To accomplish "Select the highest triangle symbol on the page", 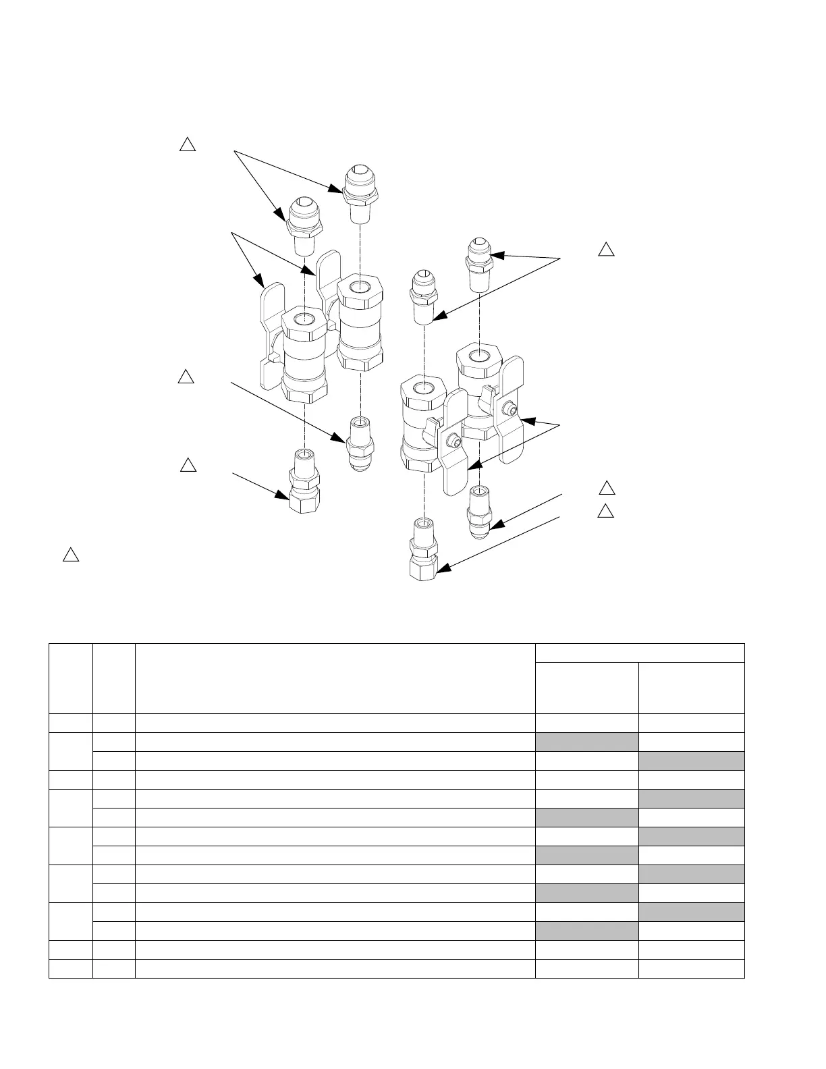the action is (x=188, y=144).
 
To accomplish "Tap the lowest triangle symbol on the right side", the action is (x=606, y=510).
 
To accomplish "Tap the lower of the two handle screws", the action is (x=457, y=442).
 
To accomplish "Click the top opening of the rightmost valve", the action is (x=479, y=355).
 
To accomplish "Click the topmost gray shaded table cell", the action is (x=586, y=742).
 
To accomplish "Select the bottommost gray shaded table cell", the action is (x=586, y=931).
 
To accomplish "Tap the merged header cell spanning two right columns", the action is (x=639, y=653).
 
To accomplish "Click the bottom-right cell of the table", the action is (x=691, y=969).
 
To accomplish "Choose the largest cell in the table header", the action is (x=335, y=678).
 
